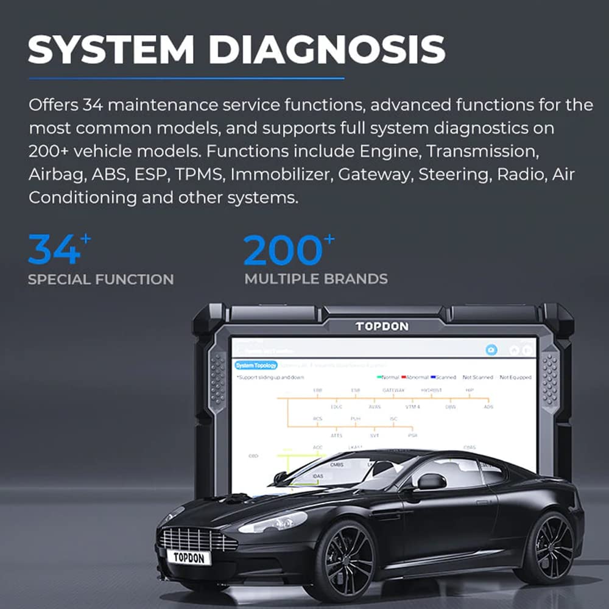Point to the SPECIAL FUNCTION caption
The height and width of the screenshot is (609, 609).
click(100, 280)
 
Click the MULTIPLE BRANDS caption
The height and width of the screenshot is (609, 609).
click(316, 280)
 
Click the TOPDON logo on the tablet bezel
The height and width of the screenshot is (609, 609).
click(382, 326)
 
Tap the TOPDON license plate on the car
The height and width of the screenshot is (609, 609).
click(188, 557)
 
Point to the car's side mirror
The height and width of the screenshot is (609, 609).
click(431, 482)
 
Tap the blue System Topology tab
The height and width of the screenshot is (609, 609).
click(256, 365)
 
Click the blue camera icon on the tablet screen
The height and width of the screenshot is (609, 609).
click(491, 350)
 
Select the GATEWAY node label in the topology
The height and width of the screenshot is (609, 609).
click(393, 390)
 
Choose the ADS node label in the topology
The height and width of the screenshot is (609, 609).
click(488, 406)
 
